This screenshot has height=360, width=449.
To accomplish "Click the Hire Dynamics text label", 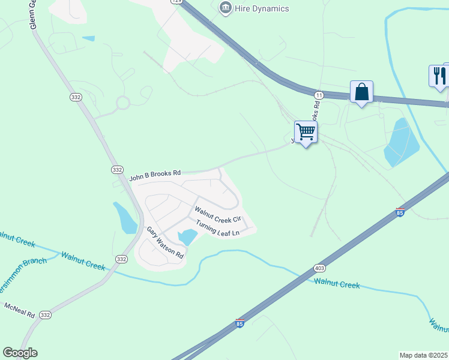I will (262, 8).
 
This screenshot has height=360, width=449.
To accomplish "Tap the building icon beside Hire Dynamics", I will (225, 8).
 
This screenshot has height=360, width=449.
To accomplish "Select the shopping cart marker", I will (306, 131).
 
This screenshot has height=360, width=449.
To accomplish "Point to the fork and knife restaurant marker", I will (439, 76).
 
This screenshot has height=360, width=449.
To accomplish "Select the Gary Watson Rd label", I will (165, 243).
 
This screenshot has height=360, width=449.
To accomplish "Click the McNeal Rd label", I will (20, 310).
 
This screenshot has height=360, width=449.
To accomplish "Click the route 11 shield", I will (319, 95).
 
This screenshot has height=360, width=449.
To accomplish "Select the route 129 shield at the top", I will (175, 2).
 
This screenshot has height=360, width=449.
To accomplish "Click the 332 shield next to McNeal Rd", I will (45, 315).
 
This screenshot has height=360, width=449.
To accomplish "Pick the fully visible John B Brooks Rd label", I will (155, 175).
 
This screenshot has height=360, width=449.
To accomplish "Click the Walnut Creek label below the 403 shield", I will (337, 284).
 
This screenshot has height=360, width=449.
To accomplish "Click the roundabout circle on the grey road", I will (122, 103).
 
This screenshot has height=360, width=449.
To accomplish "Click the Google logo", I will (20, 353).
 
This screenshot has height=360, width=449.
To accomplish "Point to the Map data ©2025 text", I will (423, 355).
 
